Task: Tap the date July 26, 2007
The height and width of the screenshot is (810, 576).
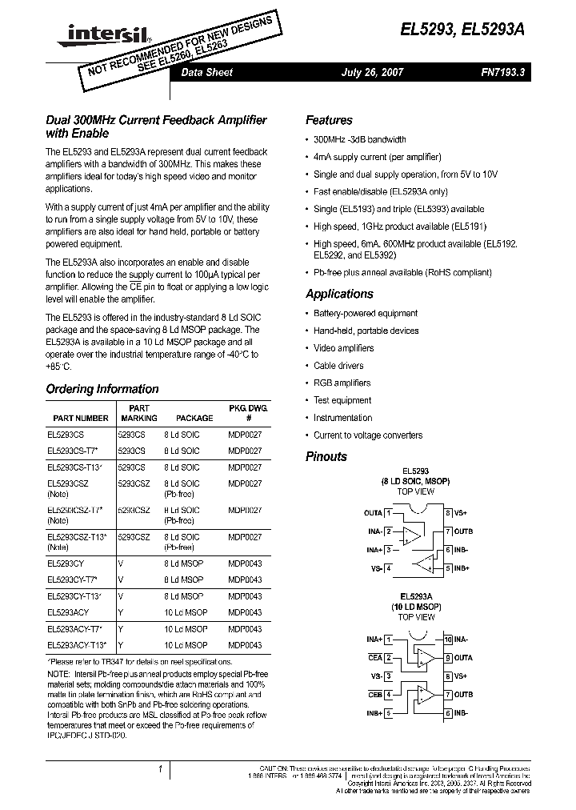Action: point(372,72)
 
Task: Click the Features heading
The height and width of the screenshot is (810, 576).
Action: point(329,120)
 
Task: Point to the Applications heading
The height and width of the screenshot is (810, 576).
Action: point(339,294)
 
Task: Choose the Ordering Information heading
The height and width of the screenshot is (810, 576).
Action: point(102,389)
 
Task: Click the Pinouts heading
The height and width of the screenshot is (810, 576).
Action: point(326,456)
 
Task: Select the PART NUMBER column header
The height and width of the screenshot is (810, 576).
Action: point(81,418)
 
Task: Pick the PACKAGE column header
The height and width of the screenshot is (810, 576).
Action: point(194,418)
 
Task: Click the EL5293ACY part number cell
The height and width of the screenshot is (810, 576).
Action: point(68,612)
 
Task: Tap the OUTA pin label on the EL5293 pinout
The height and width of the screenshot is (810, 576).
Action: point(373,512)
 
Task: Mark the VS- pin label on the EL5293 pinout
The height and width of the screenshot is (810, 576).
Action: point(375,568)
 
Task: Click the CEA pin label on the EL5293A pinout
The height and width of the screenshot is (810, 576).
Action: point(374,658)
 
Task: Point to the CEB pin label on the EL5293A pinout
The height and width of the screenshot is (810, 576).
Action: point(374,694)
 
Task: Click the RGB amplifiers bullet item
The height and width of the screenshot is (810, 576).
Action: point(342,383)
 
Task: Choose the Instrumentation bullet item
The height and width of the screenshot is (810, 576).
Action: point(342,418)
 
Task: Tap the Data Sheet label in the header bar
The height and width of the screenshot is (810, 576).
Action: point(206,72)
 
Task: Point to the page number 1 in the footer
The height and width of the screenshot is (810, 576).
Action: point(161,770)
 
